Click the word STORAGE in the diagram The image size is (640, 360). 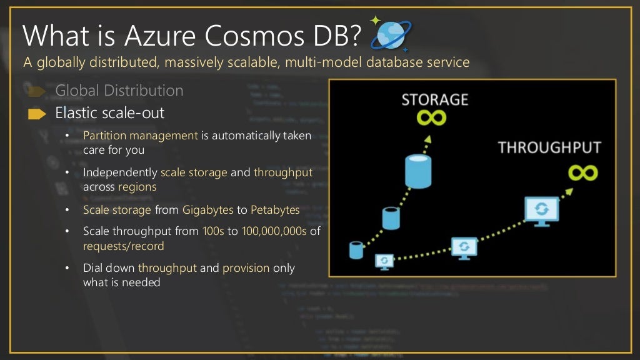pyautogui.click(x=434, y=100)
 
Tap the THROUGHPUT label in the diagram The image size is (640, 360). pyautogui.click(x=549, y=148)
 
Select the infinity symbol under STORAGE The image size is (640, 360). pyautogui.click(x=433, y=119)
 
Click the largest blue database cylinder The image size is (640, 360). pyautogui.click(x=417, y=171)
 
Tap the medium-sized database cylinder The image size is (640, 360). pyautogui.click(x=391, y=217)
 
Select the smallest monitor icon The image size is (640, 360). pyautogui.click(x=384, y=261)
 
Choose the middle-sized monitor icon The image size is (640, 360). pyautogui.click(x=464, y=247)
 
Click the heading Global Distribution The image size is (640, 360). pyautogui.click(x=119, y=91)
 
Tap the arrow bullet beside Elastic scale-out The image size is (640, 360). pyautogui.click(x=37, y=114)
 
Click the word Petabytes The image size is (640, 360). pyautogui.click(x=275, y=210)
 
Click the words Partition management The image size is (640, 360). pyautogui.click(x=141, y=135)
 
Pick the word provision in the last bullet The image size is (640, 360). pyautogui.click(x=246, y=268)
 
